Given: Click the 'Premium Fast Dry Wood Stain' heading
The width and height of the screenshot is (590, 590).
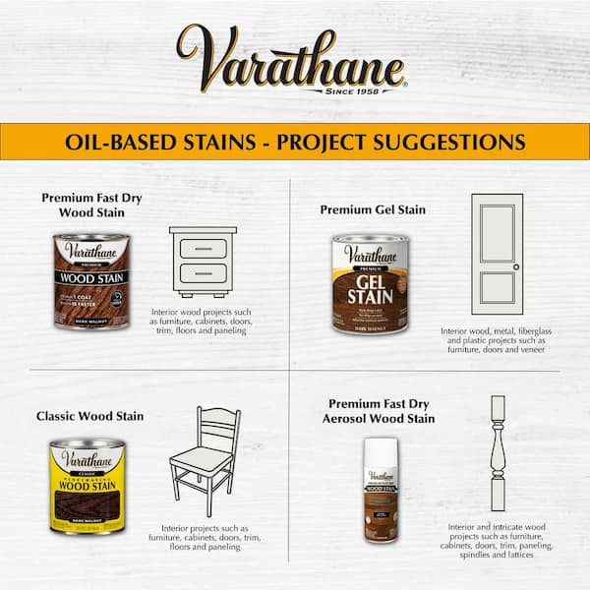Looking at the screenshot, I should point(91,205).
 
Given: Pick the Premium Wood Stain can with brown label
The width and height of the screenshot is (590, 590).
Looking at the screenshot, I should point(91,273).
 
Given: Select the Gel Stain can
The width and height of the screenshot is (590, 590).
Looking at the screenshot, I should point(370,283).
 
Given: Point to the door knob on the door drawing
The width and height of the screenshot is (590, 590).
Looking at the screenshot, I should point(515,267).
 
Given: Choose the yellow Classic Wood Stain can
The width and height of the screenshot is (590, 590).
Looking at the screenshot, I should point(87,485).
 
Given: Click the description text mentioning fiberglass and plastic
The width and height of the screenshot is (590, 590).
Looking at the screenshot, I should point(496,339).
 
